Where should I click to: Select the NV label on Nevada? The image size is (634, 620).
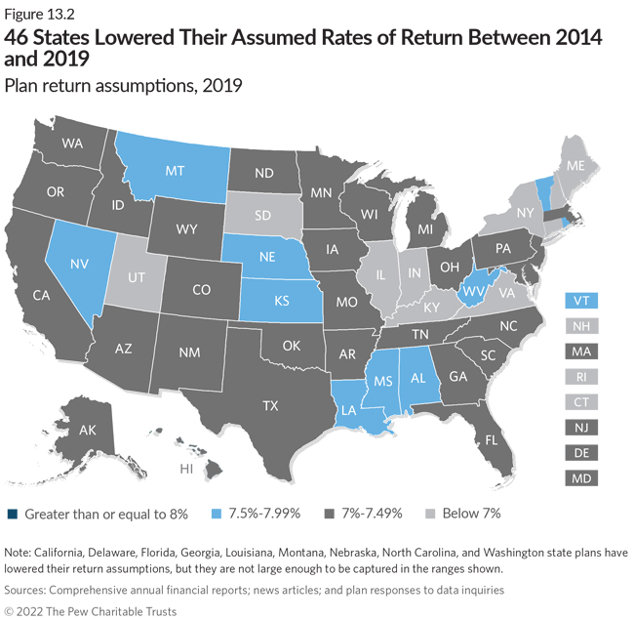[77, 263]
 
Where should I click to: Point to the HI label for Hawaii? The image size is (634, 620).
[185, 470]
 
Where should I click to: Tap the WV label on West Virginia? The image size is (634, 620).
[474, 290]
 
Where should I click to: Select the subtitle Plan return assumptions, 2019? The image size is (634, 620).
[123, 86]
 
